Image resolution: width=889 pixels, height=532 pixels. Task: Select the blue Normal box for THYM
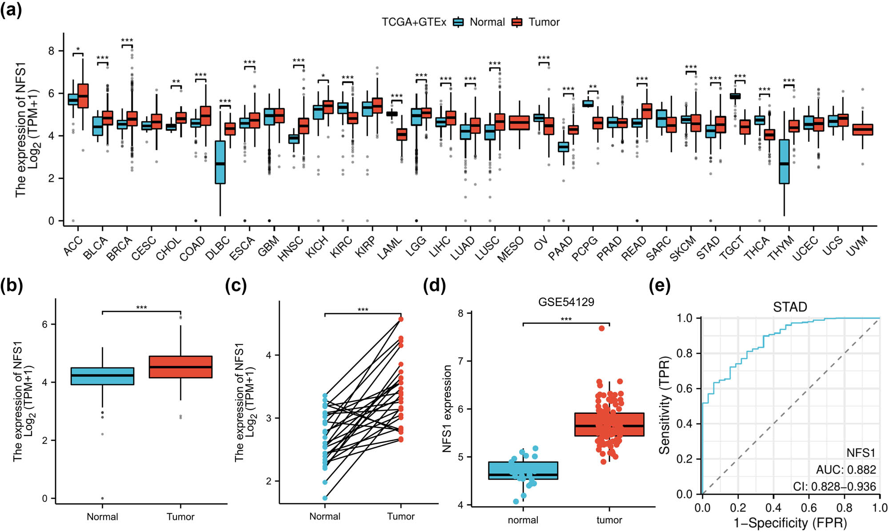784,161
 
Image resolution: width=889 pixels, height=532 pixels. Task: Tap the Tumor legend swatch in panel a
517,22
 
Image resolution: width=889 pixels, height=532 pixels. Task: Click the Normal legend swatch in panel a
458,22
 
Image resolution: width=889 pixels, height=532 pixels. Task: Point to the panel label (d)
434,286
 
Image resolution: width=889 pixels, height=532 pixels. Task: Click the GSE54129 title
566,302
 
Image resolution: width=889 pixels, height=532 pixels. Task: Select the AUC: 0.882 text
845,470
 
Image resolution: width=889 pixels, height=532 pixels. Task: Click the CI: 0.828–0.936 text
834,487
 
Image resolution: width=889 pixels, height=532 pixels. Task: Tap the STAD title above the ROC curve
790,307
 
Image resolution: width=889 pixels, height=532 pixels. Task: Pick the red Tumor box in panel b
180,367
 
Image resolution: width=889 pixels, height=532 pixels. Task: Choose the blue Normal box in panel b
102,376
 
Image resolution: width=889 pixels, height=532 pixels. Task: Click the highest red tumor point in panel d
601,328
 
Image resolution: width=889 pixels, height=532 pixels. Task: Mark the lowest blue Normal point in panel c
325,498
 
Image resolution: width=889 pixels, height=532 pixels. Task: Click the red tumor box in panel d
609,424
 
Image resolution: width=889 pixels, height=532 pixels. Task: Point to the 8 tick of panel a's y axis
52,51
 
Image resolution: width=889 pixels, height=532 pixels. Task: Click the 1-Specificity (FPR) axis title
790,523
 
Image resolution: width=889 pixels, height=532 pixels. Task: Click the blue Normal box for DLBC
220,162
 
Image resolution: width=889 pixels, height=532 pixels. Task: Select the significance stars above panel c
363,310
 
